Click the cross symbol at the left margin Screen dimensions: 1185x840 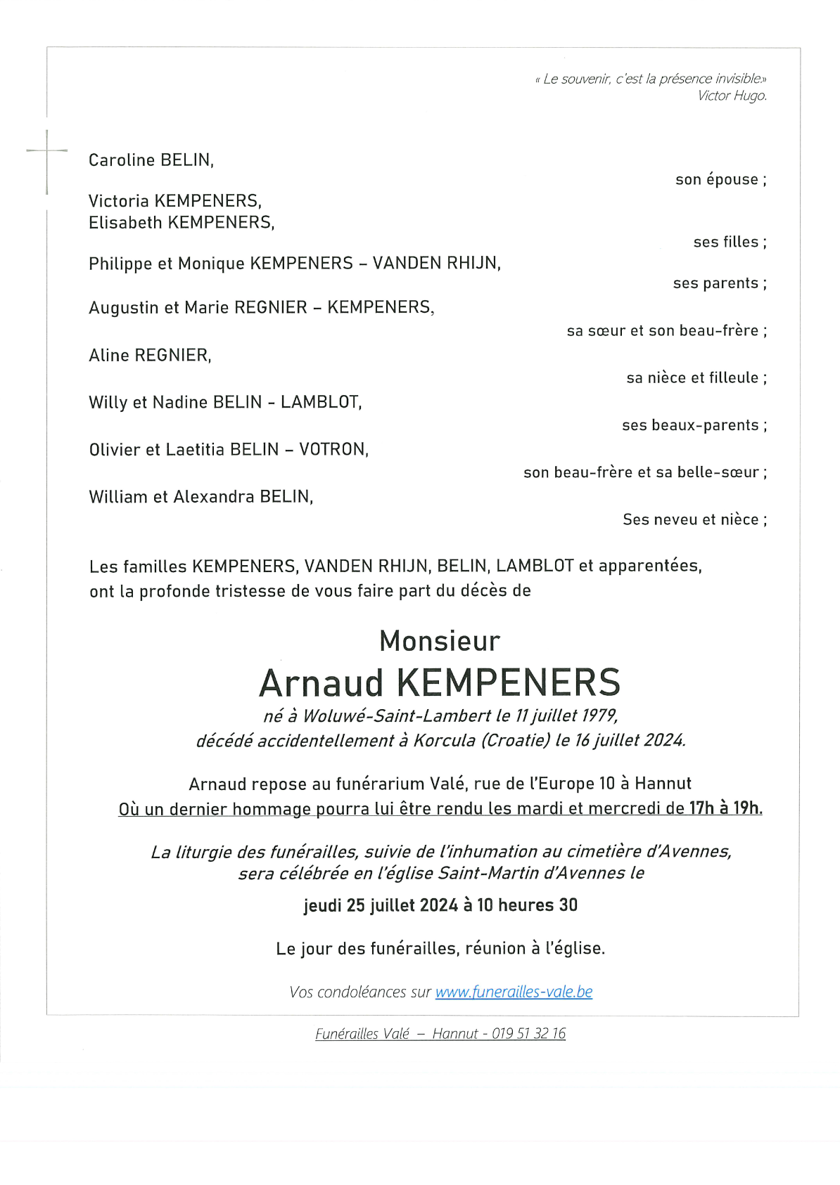coord(47,151)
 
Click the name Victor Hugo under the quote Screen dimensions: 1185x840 coord(732,96)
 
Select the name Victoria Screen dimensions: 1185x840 coord(118,201)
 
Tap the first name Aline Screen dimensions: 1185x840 coord(109,356)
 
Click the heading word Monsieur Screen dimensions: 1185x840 coord(440,641)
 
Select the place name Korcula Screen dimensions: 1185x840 coord(444,740)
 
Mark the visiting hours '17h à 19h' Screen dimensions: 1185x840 coord(724,808)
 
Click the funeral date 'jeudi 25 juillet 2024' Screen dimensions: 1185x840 coord(381,905)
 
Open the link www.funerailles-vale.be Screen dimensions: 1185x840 coord(514,992)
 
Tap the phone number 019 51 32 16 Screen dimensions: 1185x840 coord(528,1034)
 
